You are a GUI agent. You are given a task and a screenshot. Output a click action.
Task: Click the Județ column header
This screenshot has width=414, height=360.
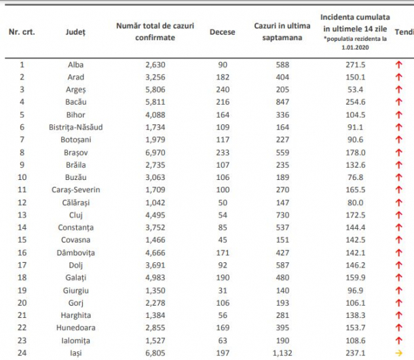click(x=75, y=32)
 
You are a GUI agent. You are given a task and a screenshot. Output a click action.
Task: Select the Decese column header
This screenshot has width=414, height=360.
click(x=223, y=32)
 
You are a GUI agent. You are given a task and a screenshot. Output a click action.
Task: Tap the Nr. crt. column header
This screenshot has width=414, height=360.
click(x=22, y=32)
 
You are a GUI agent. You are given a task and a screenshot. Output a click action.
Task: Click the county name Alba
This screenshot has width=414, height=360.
click(x=76, y=65)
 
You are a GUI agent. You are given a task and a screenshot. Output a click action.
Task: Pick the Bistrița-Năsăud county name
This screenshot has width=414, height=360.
click(x=76, y=127)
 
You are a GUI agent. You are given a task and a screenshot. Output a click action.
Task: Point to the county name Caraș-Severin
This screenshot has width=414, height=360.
click(x=76, y=190)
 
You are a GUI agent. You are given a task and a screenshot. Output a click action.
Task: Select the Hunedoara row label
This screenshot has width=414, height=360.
click(x=76, y=328)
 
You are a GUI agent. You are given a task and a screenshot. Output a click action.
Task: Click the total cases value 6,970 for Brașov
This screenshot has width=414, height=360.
click(x=155, y=153)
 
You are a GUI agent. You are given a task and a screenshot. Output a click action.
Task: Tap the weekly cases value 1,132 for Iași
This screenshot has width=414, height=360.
click(x=282, y=353)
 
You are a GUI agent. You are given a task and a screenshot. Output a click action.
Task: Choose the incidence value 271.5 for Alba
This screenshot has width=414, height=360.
click(x=356, y=65)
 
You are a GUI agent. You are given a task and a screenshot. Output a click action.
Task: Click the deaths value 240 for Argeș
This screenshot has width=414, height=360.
click(x=223, y=90)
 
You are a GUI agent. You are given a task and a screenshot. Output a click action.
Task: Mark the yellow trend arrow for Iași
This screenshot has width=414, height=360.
click(x=398, y=353)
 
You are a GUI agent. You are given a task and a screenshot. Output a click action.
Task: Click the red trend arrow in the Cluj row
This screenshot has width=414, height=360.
click(x=398, y=215)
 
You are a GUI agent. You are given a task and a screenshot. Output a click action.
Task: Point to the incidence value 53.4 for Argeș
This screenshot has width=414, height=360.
click(x=356, y=90)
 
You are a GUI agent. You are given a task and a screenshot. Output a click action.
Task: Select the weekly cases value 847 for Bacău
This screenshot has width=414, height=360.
click(x=282, y=102)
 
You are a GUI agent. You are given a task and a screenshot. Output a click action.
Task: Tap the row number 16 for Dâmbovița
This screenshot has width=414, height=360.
click(x=22, y=253)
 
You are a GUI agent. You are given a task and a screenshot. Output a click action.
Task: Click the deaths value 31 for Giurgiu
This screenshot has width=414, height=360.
click(x=223, y=291)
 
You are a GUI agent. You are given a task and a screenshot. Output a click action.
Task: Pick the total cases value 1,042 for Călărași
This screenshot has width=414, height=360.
click(x=155, y=202)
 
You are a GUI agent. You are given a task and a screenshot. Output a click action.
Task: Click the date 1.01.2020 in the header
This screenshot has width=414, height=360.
click(x=355, y=48)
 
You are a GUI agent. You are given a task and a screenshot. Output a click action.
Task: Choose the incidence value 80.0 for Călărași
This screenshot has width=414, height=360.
click(x=356, y=202)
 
